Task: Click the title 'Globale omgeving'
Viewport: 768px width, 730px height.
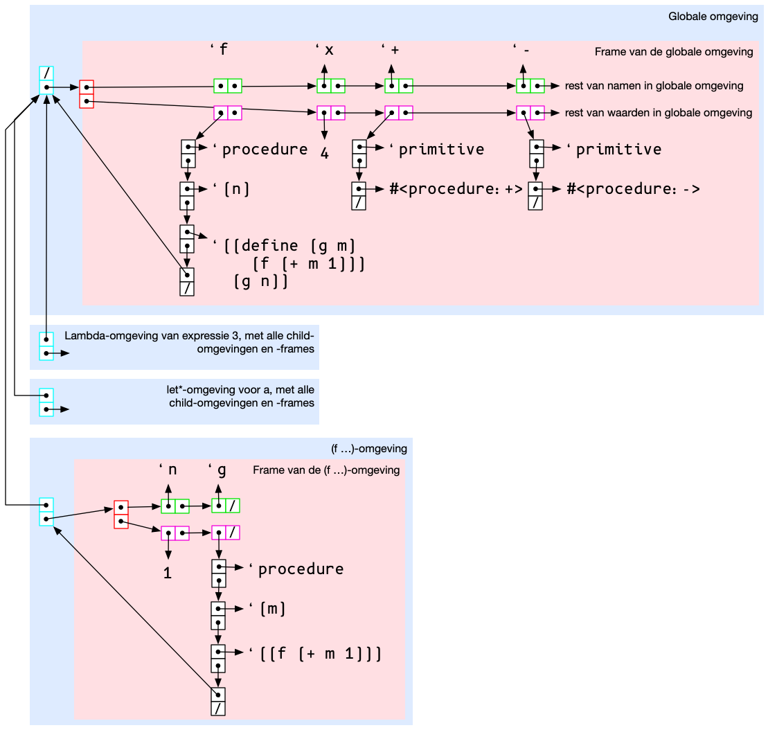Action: (713, 17)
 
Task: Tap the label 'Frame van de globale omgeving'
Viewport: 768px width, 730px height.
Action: (673, 52)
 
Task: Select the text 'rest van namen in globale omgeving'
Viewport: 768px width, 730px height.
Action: (654, 86)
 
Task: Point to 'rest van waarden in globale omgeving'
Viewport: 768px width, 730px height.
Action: (659, 112)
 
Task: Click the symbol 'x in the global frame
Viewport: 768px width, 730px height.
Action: (325, 50)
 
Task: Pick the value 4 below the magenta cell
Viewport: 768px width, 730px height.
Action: (324, 153)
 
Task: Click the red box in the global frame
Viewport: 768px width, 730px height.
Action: (87, 94)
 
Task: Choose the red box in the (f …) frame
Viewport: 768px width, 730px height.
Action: (121, 514)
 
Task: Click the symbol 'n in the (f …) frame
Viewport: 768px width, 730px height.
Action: (168, 470)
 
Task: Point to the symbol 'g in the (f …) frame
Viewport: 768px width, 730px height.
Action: (218, 470)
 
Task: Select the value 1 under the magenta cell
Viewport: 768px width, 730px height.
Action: (168, 573)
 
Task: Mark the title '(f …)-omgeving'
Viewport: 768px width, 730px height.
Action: (368, 449)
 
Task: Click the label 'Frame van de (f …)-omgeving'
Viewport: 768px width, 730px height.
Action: (326, 470)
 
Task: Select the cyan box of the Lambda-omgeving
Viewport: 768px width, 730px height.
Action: (46, 346)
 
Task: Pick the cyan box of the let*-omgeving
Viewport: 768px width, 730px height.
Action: (46, 402)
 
